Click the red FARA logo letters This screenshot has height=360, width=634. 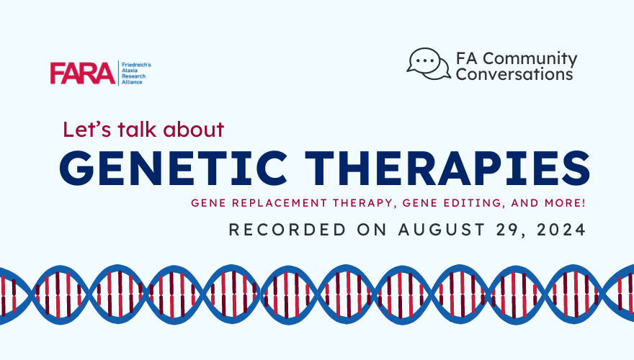tap(82, 73)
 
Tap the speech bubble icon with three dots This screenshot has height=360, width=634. tap(429, 64)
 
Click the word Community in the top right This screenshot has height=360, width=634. tap(530, 58)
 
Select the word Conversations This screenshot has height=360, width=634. tap(514, 74)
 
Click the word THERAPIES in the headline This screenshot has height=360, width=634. tap(447, 168)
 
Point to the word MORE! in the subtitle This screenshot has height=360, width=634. tap(565, 202)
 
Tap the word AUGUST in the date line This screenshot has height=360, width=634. tap(442, 230)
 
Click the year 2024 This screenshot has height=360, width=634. tap(561, 230)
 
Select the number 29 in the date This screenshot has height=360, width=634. tap(509, 230)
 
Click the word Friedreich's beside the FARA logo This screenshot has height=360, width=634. tap(136, 65)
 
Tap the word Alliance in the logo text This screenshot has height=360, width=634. tap(132, 82)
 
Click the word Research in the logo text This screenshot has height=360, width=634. tap(133, 76)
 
